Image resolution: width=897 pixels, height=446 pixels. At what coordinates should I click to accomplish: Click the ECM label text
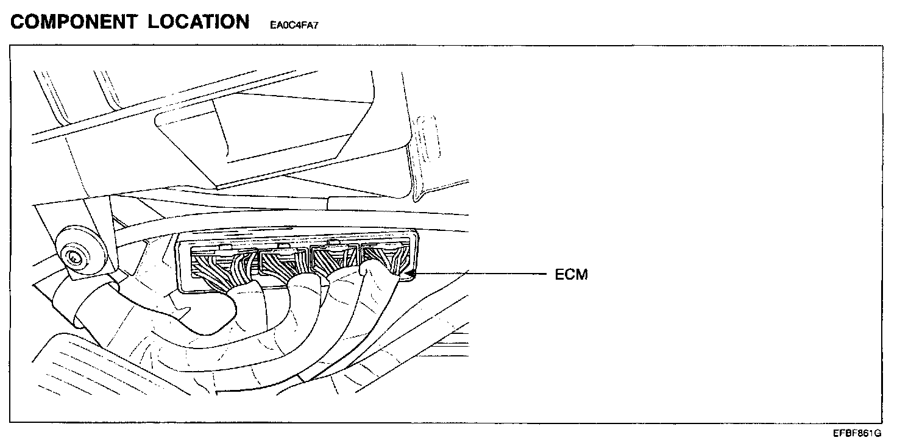571,275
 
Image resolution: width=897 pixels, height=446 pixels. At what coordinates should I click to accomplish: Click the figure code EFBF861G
858,433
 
